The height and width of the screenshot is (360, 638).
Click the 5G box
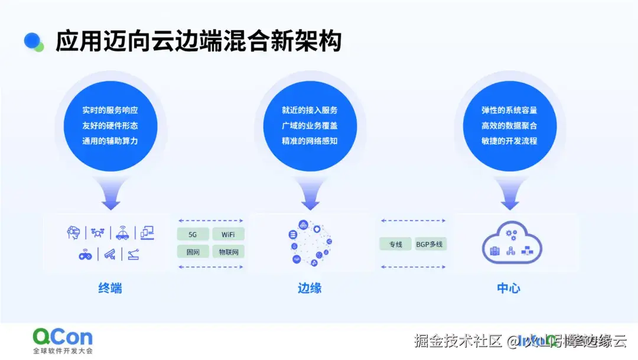pyautogui.click(x=193, y=235)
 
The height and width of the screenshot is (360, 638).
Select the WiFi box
pyautogui.click(x=228, y=235)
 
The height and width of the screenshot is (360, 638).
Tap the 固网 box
pyautogui.click(x=193, y=252)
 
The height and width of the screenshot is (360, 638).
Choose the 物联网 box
pyautogui.click(x=228, y=252)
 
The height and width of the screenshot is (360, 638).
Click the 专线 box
pyautogui.click(x=395, y=244)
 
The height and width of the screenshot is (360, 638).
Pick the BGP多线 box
pyautogui.click(x=429, y=244)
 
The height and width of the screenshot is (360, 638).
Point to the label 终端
pyautogui.click(x=110, y=288)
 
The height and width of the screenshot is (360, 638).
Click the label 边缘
pyautogui.click(x=310, y=288)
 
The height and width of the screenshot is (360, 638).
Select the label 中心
pyautogui.click(x=509, y=288)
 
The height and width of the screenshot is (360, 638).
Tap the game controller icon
pyautogui.click(x=85, y=255)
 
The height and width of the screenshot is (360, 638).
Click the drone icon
pyautogui.click(x=97, y=233)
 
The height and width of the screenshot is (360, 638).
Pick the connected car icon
pyautogui.click(x=122, y=233)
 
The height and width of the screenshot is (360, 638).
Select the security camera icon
pyautogui.click(x=109, y=255)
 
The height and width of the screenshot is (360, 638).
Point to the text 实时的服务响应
pyautogui.click(x=110, y=110)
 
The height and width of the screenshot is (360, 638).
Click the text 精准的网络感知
pyautogui.click(x=310, y=141)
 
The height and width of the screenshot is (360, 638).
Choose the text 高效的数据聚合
pyautogui.click(x=509, y=125)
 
